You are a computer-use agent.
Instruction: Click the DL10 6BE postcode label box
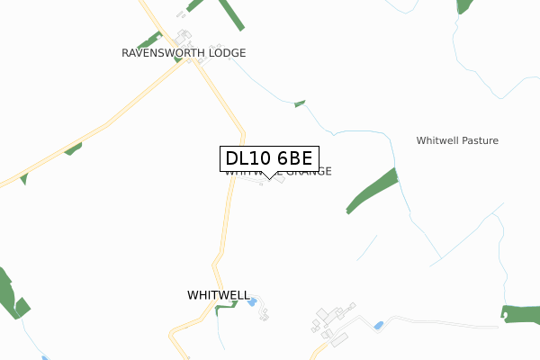coord(268,158)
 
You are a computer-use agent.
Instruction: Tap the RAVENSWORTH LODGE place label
coord(184,53)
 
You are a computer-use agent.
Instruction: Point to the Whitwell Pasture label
coord(457,140)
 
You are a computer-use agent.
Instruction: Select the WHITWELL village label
coord(218,295)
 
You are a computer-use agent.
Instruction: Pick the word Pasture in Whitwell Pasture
coord(478,140)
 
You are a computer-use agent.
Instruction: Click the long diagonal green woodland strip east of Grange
coord(373,190)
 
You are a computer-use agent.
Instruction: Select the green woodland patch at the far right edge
coord(521,314)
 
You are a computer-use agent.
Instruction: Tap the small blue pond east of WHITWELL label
coord(253,301)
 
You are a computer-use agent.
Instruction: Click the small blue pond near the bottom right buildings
coord(379,324)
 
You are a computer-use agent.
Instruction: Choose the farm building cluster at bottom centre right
coord(331,325)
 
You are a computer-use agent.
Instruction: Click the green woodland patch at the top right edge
coord(464,5)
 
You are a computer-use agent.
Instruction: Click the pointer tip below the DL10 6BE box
coord(268,180)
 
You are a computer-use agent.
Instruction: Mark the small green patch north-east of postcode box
coord(300,104)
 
